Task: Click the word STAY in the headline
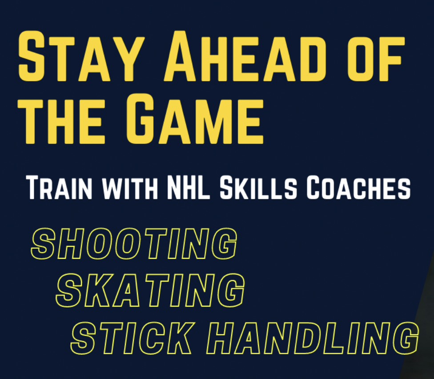click(81, 56)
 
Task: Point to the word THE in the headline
click(61, 121)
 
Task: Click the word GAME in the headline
click(195, 119)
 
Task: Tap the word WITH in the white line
click(130, 189)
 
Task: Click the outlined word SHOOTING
click(134, 244)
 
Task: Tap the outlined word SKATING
click(150, 290)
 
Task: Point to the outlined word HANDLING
click(313, 338)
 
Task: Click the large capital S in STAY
click(31, 56)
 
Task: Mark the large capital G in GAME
click(140, 119)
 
